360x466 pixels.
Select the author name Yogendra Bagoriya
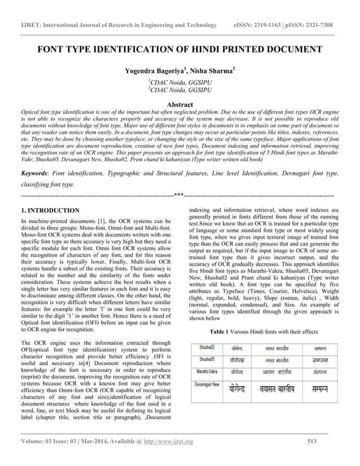pos(154,72)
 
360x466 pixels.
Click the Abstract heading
pos(179,104)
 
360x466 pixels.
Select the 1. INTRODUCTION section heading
pos(50,211)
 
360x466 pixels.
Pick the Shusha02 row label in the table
pos(207,347)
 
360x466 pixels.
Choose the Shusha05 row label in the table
pos(207,359)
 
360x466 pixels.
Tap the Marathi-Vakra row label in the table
pos(207,372)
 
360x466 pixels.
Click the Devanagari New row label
pos(207,384)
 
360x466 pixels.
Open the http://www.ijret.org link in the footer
pos(169,441)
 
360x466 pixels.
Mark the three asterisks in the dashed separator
pos(179,195)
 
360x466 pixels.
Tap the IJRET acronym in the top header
pos(31,25)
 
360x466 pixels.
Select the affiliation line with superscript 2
pos(179,90)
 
